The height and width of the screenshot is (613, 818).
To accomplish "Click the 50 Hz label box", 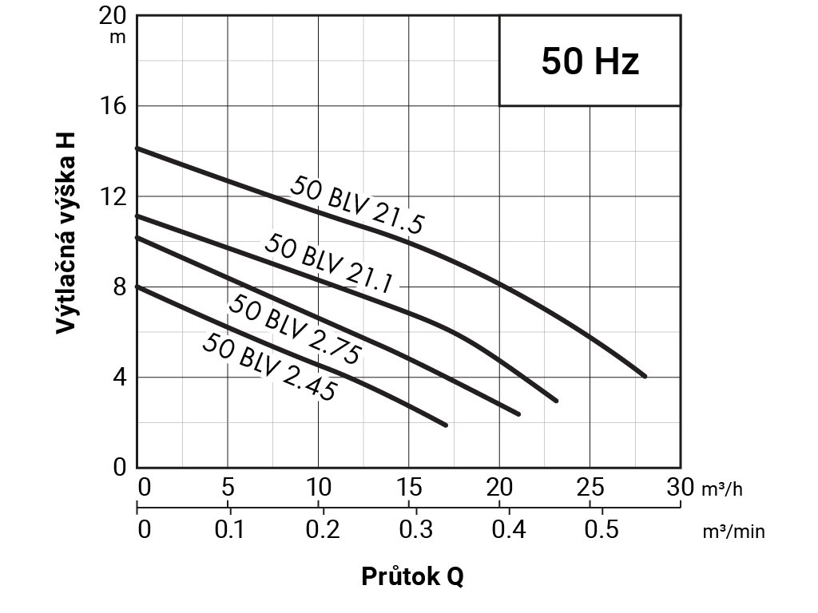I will [x=590, y=61].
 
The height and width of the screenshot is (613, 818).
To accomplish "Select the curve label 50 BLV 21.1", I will [x=328, y=263].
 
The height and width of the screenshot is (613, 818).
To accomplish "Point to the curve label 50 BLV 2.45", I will [x=268, y=366].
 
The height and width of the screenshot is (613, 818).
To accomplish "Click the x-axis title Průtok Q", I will [x=411, y=576].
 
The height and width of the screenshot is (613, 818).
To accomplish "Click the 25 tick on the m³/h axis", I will [x=590, y=487].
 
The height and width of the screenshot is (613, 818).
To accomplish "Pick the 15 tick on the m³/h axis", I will [x=409, y=487].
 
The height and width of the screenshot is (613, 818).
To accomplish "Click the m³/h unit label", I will [x=722, y=488].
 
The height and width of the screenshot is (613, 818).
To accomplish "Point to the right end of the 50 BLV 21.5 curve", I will [x=644, y=376].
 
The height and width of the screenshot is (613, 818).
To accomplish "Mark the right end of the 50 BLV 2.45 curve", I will [x=445, y=425].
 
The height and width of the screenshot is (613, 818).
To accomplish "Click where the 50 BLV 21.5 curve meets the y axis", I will [x=137, y=148].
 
